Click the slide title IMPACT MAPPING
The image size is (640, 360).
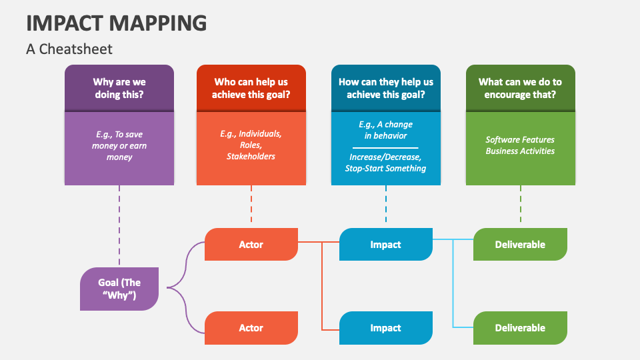pos(117,23)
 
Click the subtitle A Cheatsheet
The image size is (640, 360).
pos(69,49)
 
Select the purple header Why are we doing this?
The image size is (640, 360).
pos(119,88)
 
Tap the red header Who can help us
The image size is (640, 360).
pos(251,88)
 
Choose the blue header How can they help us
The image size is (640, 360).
pos(386,88)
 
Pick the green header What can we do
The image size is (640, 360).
pos(520,88)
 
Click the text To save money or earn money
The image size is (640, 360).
pos(119,146)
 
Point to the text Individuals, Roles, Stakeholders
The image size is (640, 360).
pos(251,145)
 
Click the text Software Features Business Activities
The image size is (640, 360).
pos(520,145)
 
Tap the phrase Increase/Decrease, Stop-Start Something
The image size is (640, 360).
pos(386,163)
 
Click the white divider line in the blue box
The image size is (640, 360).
pos(386,147)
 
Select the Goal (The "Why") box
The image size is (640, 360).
pos(119,289)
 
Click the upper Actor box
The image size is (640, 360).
pos(251,245)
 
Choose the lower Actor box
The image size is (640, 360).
pos(251,328)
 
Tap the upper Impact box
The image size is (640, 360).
pos(386,245)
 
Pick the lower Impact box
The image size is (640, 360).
pos(386,328)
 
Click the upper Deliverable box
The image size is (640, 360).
pos(520,245)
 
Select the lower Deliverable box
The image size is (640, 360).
pos(520,328)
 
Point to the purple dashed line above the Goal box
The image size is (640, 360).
pos(119,227)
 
